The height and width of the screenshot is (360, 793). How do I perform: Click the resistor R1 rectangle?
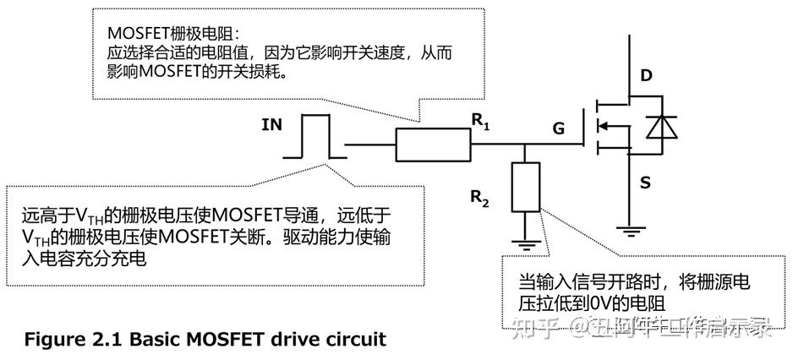click(434, 145)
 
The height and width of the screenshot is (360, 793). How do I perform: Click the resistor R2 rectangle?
click(525, 188)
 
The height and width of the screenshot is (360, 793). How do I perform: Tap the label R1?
click(481, 122)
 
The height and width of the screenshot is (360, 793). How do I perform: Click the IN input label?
click(272, 126)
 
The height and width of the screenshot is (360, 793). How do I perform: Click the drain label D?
click(647, 76)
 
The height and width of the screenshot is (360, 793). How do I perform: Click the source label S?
click(644, 182)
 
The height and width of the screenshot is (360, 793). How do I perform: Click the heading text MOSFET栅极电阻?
click(173, 32)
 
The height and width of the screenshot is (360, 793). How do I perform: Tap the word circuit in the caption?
click(356, 340)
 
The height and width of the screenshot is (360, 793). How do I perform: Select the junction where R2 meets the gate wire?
click(525, 145)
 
